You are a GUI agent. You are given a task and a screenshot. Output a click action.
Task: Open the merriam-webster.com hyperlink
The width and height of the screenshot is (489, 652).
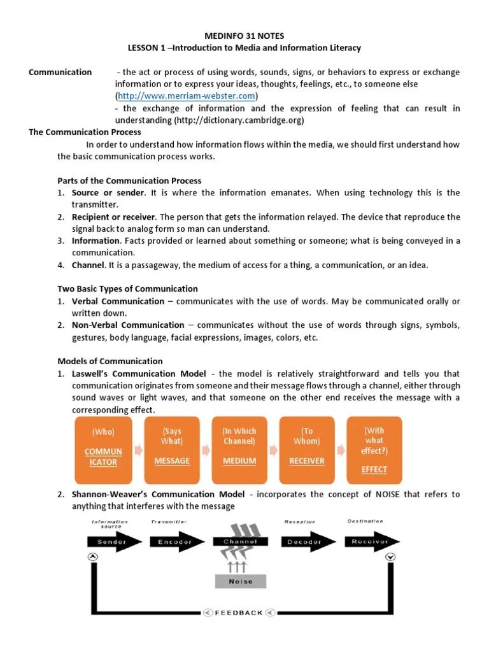click(186, 96)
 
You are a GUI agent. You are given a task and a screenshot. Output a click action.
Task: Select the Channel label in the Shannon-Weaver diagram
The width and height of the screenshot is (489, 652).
click(240, 542)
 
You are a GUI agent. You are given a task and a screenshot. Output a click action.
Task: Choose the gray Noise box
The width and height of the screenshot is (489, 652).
click(240, 581)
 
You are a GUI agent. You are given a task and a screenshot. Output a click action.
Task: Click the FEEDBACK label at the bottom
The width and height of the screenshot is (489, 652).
click(239, 613)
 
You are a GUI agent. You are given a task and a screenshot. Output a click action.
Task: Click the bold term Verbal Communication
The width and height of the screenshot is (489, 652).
click(118, 301)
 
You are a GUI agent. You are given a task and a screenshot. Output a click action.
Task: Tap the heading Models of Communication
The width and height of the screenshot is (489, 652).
click(110, 361)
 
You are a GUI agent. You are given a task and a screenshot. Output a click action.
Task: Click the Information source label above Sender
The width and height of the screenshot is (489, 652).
click(110, 524)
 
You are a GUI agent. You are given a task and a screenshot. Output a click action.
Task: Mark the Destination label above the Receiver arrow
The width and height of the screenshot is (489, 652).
click(365, 521)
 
